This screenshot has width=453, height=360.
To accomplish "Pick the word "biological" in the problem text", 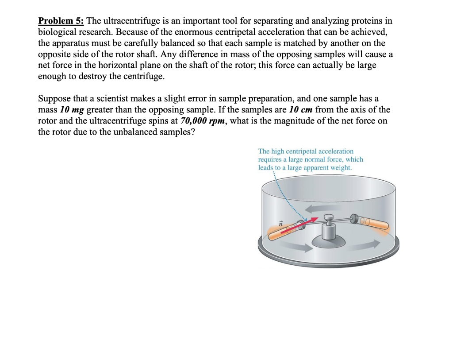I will [x=57, y=32].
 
